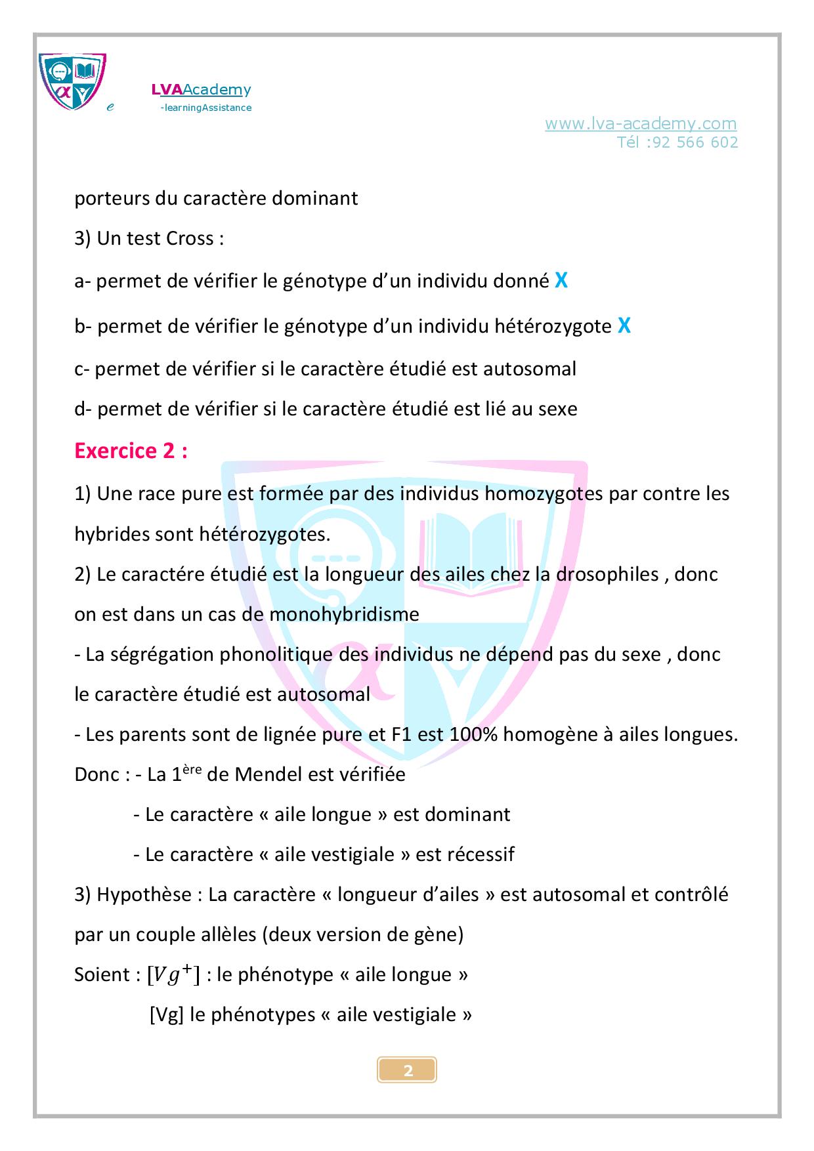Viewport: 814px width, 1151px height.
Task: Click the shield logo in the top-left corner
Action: pyautogui.click(x=72, y=81)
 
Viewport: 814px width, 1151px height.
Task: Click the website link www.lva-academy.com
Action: pyautogui.click(x=640, y=123)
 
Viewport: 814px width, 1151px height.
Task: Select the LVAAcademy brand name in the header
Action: pyautogui.click(x=201, y=90)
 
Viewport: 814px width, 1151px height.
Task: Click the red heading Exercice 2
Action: pyautogui.click(x=131, y=451)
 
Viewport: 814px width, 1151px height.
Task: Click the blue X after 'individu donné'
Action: pyautogui.click(x=561, y=281)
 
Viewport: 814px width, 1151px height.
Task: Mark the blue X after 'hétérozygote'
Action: pyautogui.click(x=624, y=325)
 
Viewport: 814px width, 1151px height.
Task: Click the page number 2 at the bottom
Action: pyautogui.click(x=408, y=1071)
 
